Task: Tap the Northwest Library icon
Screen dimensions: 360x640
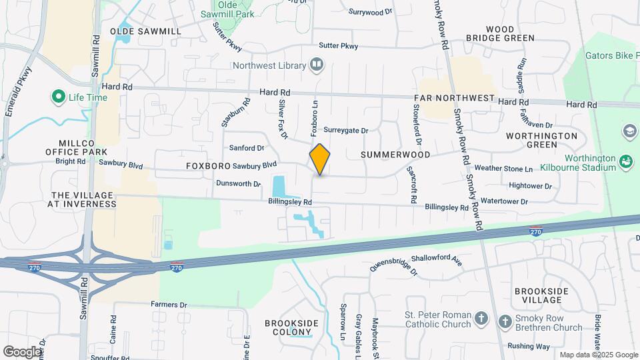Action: point(317,65)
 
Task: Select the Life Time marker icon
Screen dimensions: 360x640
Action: point(58,97)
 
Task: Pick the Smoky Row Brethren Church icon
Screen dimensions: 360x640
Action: point(505,321)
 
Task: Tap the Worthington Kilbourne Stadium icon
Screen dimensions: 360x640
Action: point(625,161)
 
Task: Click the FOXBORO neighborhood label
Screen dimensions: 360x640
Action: point(208,165)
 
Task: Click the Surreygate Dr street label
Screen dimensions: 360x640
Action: point(345,131)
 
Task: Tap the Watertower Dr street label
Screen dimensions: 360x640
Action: point(504,201)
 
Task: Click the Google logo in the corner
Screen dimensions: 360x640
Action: point(22,351)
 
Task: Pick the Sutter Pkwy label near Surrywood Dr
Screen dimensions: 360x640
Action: point(338,46)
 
